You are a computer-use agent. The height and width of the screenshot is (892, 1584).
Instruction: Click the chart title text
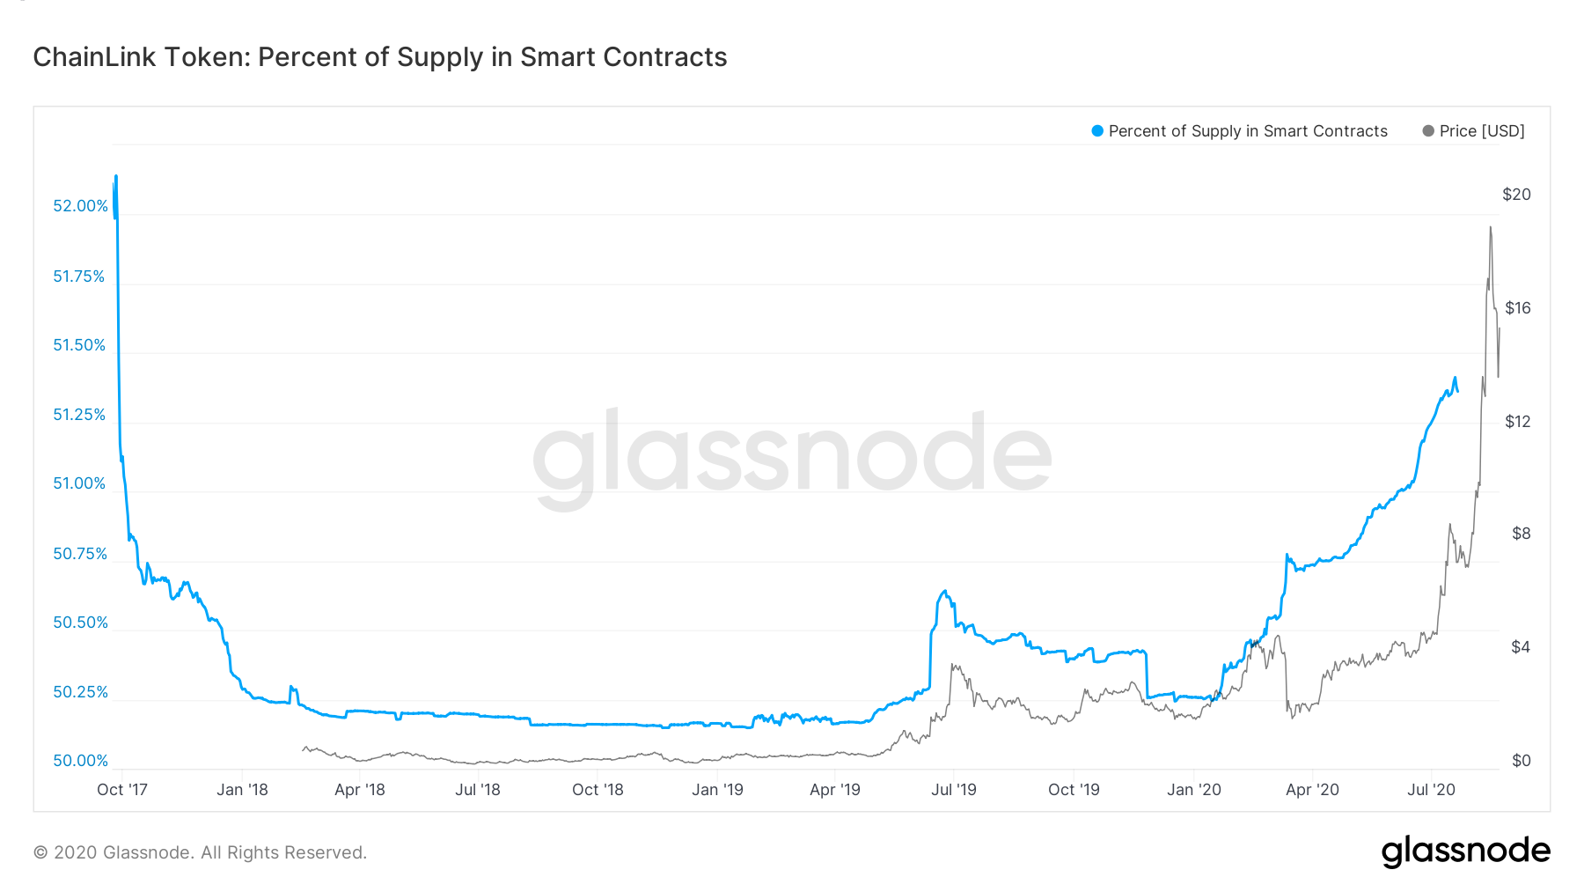coord(379,57)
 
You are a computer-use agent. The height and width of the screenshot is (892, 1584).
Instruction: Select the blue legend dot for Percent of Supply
coord(1096,131)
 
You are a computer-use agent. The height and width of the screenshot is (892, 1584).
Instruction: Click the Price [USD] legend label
coord(1481,131)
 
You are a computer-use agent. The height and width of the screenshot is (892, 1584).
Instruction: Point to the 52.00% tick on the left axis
coord(80,206)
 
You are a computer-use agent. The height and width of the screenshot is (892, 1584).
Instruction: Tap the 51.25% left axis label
coord(79,415)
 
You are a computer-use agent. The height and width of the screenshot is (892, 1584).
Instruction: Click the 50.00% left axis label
coord(80,761)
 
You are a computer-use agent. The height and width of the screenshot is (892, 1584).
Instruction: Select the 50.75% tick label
coord(79,554)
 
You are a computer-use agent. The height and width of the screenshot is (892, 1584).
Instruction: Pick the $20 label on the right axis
coord(1516,195)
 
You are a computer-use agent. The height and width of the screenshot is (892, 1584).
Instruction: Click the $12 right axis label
coord(1517,422)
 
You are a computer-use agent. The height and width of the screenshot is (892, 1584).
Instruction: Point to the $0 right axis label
coord(1521,761)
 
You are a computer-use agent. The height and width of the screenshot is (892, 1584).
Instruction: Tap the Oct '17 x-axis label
coord(122,790)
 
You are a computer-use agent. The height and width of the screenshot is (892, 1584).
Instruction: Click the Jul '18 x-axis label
coord(477,790)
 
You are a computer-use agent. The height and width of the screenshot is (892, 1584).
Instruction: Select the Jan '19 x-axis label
coord(717,790)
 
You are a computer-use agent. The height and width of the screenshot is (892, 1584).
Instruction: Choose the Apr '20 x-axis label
coord(1312,790)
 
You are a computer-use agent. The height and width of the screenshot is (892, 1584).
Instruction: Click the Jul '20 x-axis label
coord(1431,790)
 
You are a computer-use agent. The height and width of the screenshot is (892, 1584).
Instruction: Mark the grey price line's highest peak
coord(1490,228)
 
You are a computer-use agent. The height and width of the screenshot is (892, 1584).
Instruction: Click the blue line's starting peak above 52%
coord(116,177)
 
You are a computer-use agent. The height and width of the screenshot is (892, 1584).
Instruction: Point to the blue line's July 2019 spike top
coord(944,592)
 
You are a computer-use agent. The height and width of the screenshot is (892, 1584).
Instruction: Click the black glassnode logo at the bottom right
coord(1465,851)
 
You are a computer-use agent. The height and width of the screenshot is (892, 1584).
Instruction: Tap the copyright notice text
coord(200,852)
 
